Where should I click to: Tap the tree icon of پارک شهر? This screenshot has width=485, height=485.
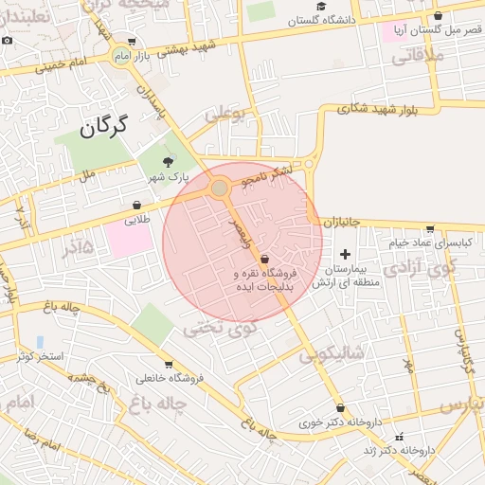(x=169, y=162)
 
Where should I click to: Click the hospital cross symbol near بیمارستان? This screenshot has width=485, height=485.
(x=345, y=254)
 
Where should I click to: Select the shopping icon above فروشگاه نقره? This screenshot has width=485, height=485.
(x=263, y=258)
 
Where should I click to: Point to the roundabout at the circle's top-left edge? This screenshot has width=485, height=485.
(x=220, y=189)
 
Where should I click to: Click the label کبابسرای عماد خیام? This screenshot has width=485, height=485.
(x=429, y=242)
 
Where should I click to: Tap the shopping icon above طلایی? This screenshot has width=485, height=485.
(x=137, y=205)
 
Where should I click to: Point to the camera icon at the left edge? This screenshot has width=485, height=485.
(x=8, y=41)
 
